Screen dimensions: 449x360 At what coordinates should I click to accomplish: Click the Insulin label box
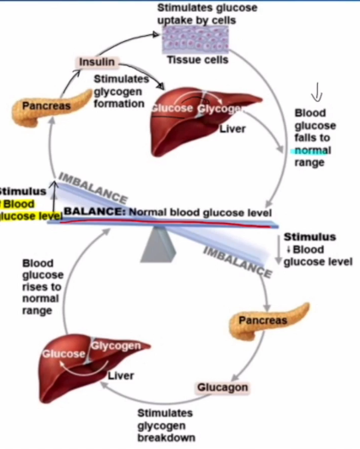tap(96, 63)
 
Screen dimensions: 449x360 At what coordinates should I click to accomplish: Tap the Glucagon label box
tap(223, 387)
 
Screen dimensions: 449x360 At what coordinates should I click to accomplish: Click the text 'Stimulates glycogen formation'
tap(119, 92)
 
